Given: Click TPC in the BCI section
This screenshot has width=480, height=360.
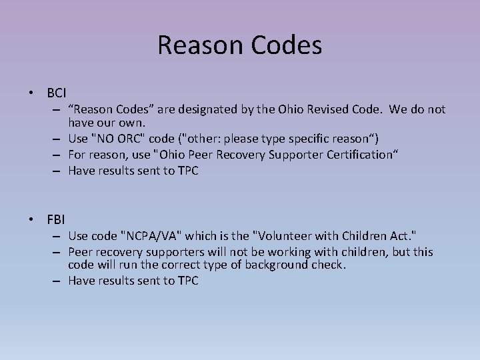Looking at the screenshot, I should [x=187, y=170].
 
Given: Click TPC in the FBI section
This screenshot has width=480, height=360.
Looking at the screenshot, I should [x=187, y=281].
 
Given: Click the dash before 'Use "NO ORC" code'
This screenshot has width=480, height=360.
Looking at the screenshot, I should [x=58, y=139].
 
